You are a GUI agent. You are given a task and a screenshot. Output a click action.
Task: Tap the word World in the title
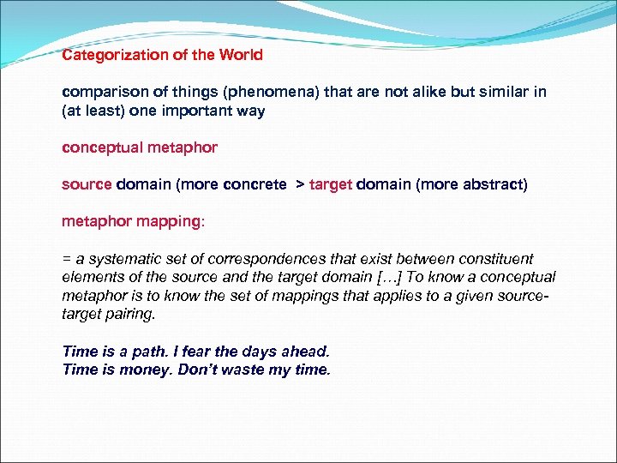[241, 55]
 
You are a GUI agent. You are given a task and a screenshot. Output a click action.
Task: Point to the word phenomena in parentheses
[256, 92]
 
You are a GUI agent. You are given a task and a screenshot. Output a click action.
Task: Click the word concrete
[255, 184]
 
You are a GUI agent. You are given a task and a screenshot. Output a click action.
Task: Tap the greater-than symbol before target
[300, 184]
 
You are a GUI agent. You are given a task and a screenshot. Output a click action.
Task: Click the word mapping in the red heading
[169, 221]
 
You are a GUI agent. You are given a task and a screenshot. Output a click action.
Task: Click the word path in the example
[152, 352]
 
